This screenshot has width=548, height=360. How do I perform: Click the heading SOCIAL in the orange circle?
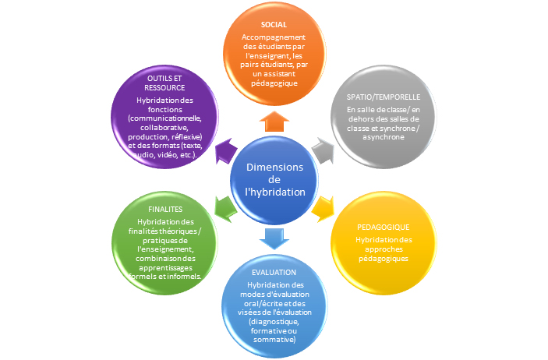click(x=274, y=25)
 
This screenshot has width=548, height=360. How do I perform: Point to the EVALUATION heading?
click(x=274, y=272)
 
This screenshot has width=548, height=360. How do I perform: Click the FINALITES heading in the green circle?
click(x=165, y=210)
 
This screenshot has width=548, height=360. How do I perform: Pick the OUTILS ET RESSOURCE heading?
click(x=165, y=83)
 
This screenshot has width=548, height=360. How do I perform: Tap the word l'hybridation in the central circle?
click(x=274, y=192)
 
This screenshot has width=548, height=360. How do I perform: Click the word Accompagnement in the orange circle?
click(x=274, y=37)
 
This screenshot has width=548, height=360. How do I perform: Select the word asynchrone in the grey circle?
click(x=383, y=136)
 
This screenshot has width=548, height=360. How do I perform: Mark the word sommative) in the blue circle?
click(x=274, y=340)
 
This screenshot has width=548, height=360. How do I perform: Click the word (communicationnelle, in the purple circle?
click(x=165, y=118)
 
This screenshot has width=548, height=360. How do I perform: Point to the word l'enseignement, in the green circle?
click(x=165, y=248)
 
